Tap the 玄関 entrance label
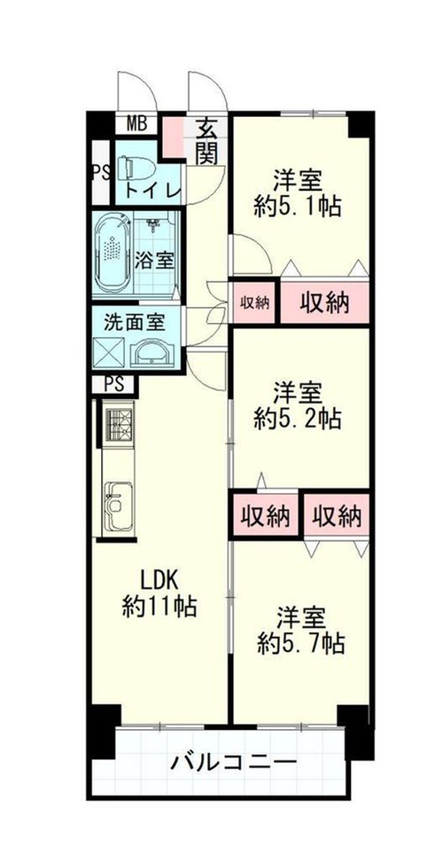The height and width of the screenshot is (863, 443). [x=206, y=140]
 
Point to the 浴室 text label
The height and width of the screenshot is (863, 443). [x=157, y=260]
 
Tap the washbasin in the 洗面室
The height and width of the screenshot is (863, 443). [x=152, y=353]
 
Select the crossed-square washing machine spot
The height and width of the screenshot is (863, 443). [x=110, y=352]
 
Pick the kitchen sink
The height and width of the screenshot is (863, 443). [x=118, y=506]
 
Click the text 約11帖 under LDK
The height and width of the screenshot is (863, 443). [x=159, y=607]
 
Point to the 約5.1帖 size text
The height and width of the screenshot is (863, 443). [x=298, y=207]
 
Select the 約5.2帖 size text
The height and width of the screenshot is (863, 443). [x=298, y=420]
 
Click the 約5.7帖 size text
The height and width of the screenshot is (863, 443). [x=302, y=643]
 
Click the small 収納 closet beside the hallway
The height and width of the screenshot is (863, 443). [x=254, y=302]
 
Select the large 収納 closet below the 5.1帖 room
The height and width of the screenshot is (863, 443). [x=324, y=302]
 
